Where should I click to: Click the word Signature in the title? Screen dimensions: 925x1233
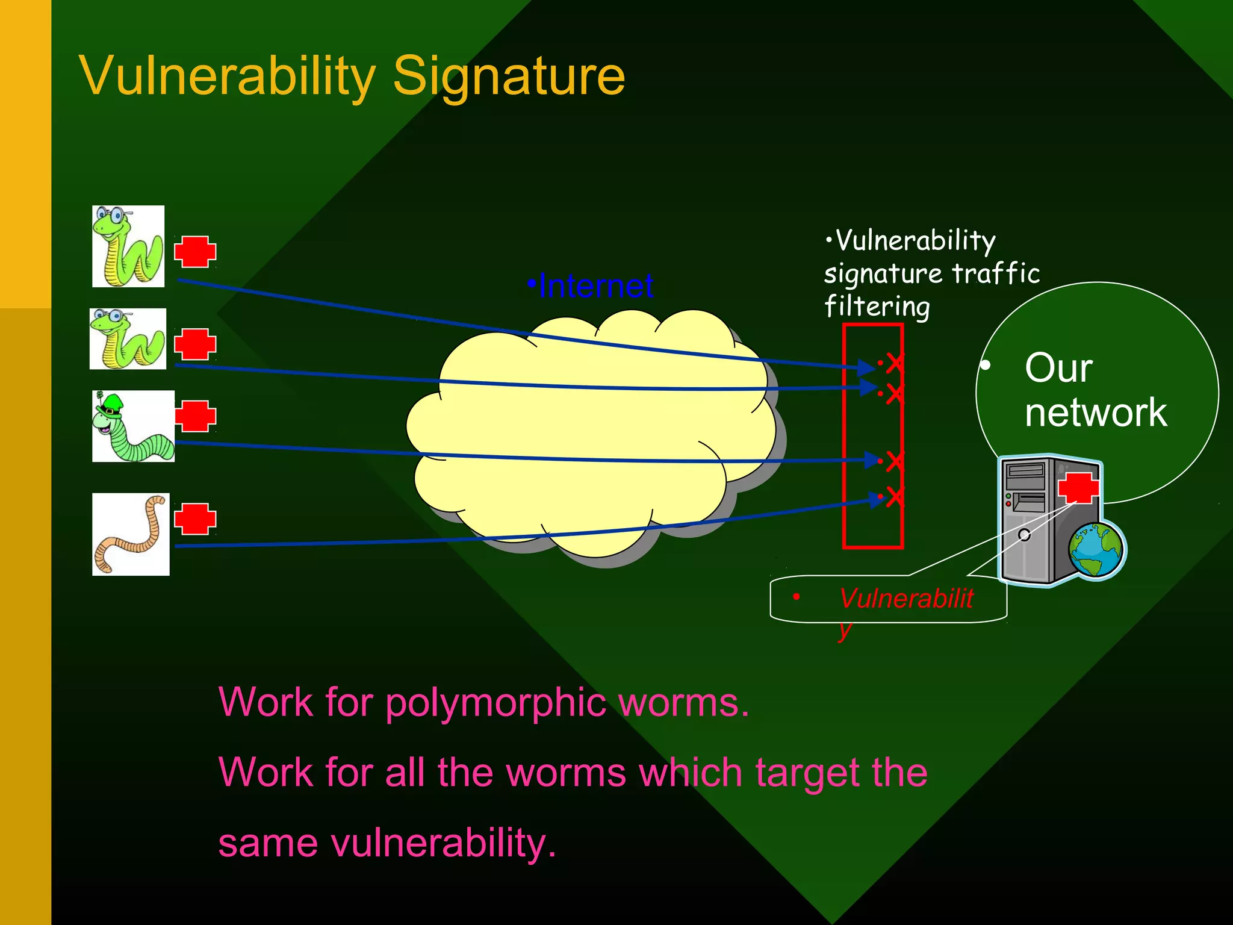509,76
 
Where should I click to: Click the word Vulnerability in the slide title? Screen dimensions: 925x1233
227,76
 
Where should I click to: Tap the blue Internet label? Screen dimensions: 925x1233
595,286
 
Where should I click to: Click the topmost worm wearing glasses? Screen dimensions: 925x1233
128,246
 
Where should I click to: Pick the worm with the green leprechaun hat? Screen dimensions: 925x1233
133,426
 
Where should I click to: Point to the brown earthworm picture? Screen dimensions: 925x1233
131,535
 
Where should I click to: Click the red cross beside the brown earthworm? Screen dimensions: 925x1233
195,519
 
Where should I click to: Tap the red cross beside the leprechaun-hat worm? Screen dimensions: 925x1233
195,416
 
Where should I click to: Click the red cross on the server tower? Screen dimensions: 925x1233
1078,487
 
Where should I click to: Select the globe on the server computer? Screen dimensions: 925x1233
1096,550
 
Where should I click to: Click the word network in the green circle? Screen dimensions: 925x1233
1096,413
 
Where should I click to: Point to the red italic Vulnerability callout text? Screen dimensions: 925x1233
906,599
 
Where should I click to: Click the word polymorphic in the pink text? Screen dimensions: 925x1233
495,702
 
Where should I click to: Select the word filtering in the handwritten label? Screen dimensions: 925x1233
877,306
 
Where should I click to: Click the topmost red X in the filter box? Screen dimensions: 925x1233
895,363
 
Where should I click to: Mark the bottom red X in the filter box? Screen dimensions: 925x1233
895,497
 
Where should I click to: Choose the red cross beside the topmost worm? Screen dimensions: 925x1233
195,251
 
